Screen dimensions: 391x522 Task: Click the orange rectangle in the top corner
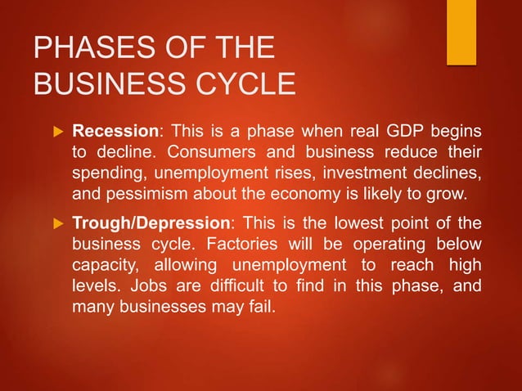(x=461, y=31)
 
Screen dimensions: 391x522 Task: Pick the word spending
(x=106, y=174)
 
